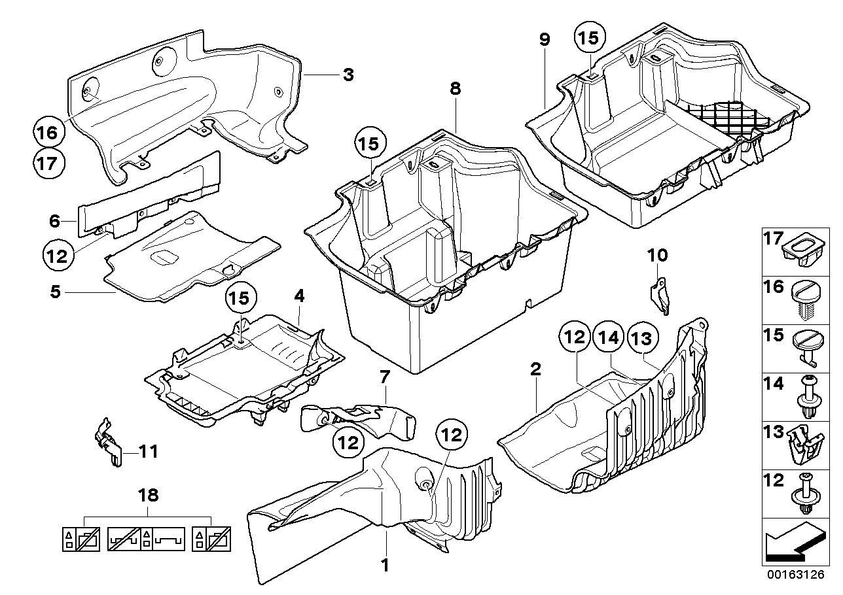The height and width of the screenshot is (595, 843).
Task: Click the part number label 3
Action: point(348,75)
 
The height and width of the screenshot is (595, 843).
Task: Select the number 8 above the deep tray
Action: point(456,90)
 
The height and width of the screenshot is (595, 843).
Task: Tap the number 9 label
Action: point(545,39)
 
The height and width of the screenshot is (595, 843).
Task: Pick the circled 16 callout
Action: point(51,132)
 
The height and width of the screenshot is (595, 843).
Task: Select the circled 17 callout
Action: point(51,162)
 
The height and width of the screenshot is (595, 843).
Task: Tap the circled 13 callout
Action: point(641,338)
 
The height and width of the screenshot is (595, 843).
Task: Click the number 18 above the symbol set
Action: point(151,495)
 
